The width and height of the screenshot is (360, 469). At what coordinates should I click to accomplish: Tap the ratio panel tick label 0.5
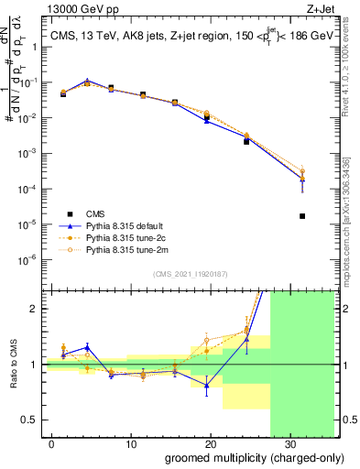pyautogui.click(x=30, y=420)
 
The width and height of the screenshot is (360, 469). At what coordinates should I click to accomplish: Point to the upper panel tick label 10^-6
pyautogui.click(x=29, y=259)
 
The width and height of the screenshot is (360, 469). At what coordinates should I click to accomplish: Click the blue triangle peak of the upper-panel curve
pyautogui.click(x=86, y=81)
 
